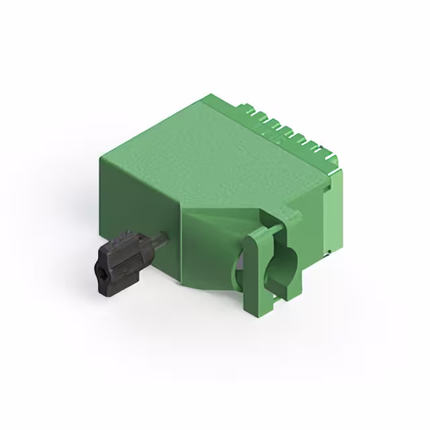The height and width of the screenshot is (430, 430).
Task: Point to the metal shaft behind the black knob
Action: [159, 239]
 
